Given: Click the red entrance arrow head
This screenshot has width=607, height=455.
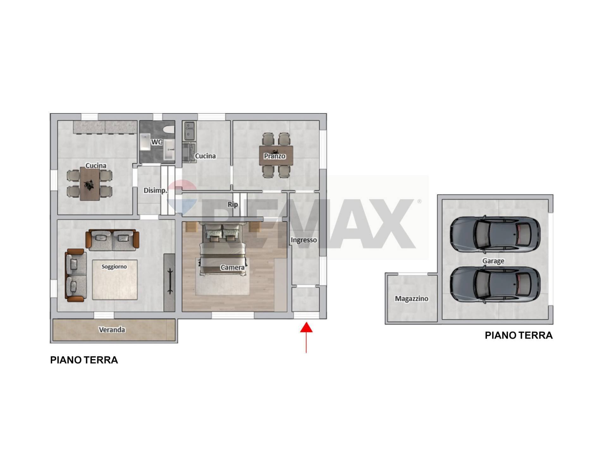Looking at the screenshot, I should [x=306, y=328].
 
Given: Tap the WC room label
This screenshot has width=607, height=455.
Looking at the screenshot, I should [x=156, y=142].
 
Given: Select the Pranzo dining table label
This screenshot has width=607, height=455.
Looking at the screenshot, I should [x=275, y=156].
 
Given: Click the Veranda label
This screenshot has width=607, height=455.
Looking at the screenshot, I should [x=112, y=330].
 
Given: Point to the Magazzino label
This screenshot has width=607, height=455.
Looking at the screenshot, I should [x=412, y=299].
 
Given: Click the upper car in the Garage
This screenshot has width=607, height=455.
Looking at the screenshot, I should [x=495, y=234].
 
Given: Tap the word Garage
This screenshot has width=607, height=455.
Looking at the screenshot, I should [x=493, y=261].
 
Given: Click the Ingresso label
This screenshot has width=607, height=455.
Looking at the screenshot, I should [x=304, y=240].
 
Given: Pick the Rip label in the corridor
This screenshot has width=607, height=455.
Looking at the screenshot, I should [x=233, y=204].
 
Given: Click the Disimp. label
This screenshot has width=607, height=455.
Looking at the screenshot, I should [x=155, y=191].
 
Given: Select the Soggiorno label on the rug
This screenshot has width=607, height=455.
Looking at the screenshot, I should [x=114, y=266].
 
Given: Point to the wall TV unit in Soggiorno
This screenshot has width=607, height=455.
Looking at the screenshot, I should [x=169, y=282].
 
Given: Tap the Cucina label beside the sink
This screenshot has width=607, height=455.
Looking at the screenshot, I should [x=205, y=156].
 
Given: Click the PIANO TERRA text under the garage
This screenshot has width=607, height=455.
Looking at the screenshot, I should [x=518, y=335].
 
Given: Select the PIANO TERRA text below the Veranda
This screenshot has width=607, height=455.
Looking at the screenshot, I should [x=84, y=360].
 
